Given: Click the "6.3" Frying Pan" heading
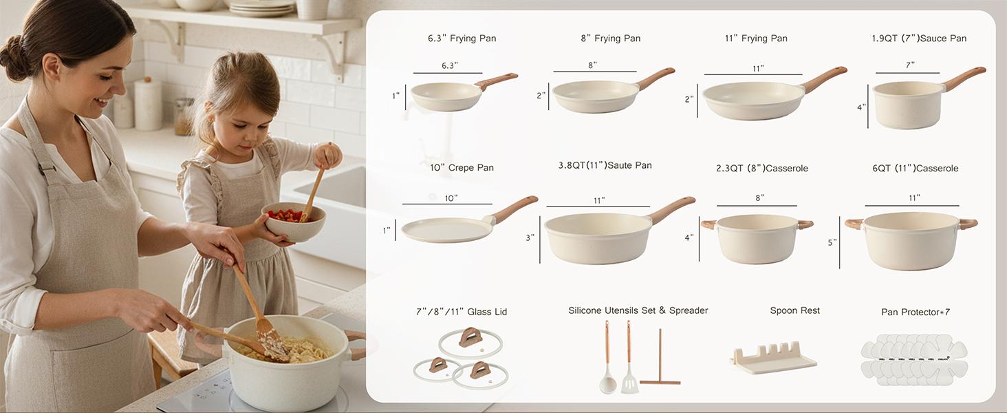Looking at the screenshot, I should point(462,39).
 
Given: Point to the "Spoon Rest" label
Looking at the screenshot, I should point(794,310).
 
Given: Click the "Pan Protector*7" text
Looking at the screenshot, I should point(915,312).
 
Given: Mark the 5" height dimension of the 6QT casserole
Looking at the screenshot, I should point(832,242).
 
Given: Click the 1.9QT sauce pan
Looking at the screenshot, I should point(908,105).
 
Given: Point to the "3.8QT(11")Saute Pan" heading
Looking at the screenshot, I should point(605,166).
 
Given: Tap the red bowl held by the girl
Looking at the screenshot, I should point(294,222).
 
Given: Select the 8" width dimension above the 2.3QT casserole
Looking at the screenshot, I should point(759,198).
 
